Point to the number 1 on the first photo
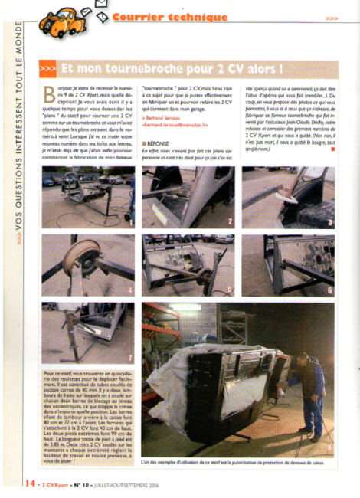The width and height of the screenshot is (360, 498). coord(131,223)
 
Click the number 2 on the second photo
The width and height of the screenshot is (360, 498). coord(228,222)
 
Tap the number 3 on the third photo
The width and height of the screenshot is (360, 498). coord(330,223)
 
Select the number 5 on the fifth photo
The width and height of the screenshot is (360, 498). coord(228,290)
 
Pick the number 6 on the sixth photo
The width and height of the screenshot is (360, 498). coord(330,290)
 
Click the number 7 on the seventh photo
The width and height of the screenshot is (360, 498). coord(131,358)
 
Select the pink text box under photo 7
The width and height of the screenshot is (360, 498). coord(87,418)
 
